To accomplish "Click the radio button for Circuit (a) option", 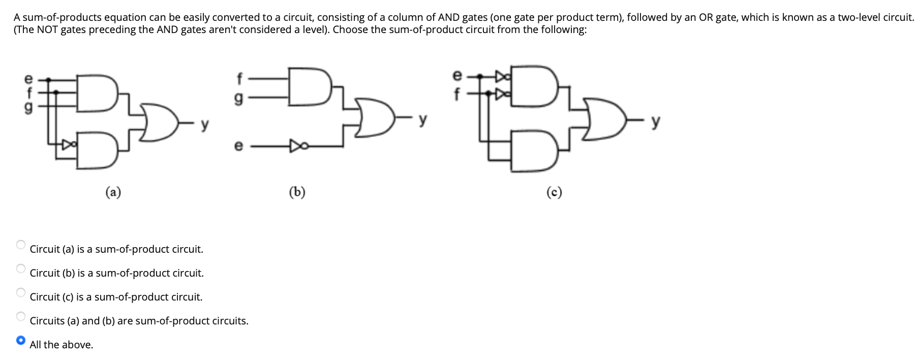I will [20, 245].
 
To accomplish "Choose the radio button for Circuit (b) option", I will [20, 268].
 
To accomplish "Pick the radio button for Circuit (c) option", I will [20, 292].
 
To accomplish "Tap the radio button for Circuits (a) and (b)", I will [20, 316].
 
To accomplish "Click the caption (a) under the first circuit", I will [113, 192].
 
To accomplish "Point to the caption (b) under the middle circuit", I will [297, 192].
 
